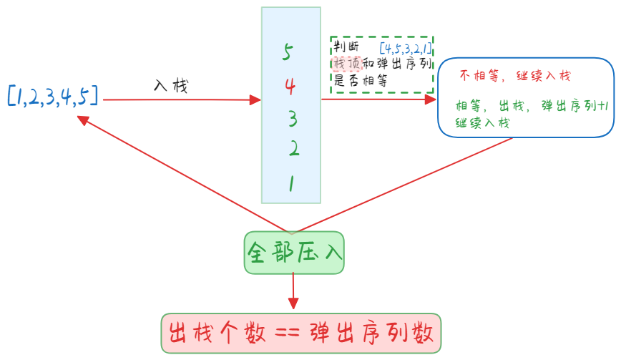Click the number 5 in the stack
tap(288, 52)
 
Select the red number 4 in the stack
tap(290, 87)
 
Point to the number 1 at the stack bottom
tap(291, 184)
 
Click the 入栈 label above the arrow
tap(170, 85)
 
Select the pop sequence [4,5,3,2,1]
tap(405, 49)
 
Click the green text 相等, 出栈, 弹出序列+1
tap(532, 107)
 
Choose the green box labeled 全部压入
tap(294, 252)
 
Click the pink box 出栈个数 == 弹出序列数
tap(301, 334)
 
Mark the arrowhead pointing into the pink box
tap(293, 306)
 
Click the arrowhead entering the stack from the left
tap(255, 99)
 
